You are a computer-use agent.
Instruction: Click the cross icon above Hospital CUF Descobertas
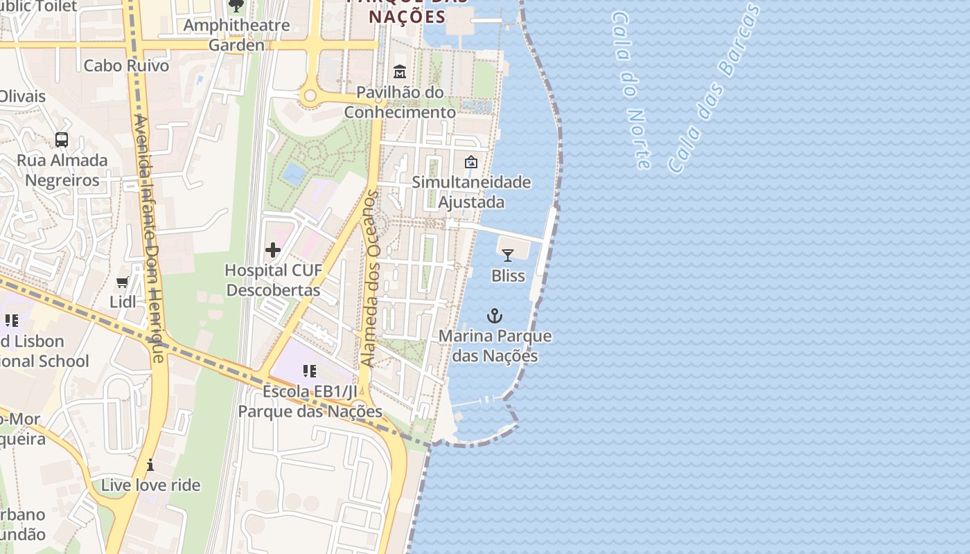pos(273,249)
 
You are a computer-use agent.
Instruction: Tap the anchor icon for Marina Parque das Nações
pos(494,316)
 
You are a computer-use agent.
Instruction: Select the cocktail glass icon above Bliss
pos(508,256)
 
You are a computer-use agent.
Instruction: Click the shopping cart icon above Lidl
pos(123,282)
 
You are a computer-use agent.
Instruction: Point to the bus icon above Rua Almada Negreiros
pos(62,140)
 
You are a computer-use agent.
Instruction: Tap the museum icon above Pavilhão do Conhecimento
pos(400,72)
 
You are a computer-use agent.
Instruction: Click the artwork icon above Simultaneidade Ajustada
pos(471,162)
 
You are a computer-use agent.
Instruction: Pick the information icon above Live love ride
pos(150,465)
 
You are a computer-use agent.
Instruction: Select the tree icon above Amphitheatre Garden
pos(236,6)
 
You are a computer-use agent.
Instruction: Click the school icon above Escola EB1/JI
pos(310,371)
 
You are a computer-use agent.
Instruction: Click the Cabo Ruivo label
pos(126,66)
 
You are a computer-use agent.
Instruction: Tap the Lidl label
pos(123,302)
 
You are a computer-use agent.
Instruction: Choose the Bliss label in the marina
pos(508,276)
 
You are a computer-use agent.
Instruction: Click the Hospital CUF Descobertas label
pos(273,280)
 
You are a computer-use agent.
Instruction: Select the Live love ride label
pos(150,485)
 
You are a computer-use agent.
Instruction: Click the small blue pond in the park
pos(294,173)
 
